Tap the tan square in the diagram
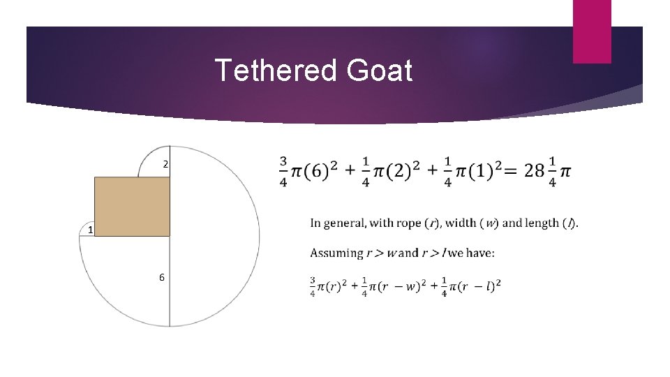click(x=132, y=206)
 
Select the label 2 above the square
click(x=165, y=165)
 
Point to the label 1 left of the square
click(x=91, y=230)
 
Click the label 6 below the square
click(x=162, y=277)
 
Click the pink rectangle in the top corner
click(x=592, y=31)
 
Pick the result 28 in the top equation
click(x=535, y=171)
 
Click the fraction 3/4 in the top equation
click(x=283, y=172)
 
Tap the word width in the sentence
click(x=460, y=223)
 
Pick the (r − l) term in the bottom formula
click(x=482, y=286)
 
